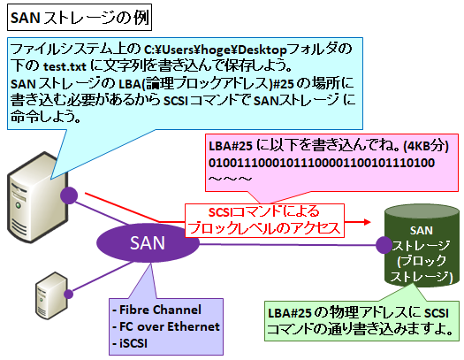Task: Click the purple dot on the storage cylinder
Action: tap(383, 243)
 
